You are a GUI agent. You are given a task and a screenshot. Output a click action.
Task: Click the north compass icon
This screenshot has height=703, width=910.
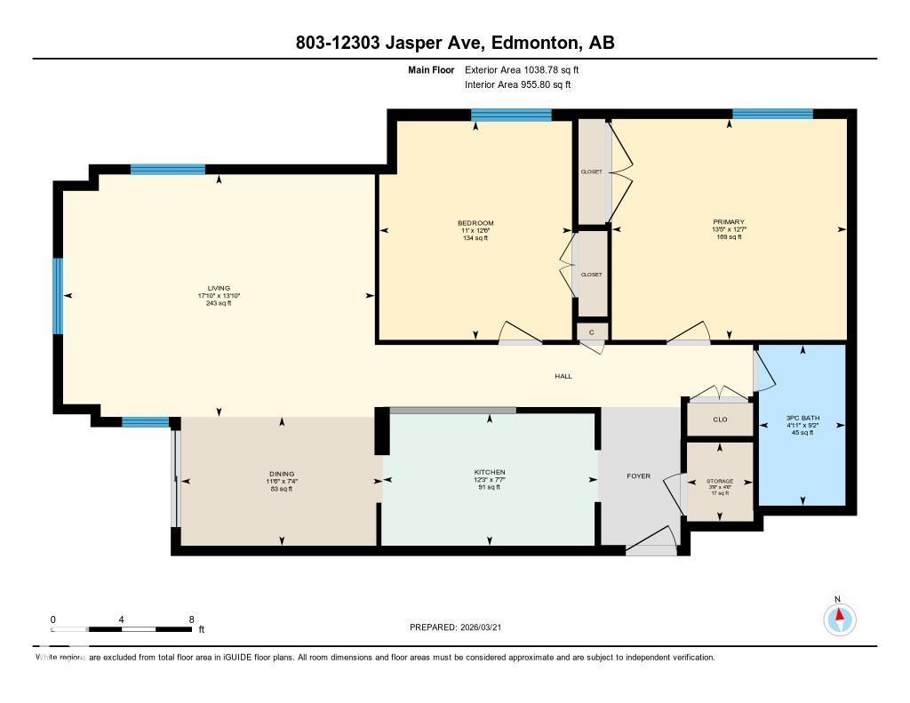point(839,618)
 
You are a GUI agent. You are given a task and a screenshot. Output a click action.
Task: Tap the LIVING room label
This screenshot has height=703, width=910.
point(219,288)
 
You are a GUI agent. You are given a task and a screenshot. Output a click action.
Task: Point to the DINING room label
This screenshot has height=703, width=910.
point(282,474)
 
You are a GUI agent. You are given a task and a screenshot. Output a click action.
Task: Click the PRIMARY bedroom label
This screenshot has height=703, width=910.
point(728,222)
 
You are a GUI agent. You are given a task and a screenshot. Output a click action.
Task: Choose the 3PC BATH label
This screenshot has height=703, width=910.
point(802,418)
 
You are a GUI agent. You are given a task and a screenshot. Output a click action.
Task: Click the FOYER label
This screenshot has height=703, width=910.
point(638,476)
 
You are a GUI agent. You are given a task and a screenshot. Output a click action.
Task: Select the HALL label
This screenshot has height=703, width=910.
point(563,376)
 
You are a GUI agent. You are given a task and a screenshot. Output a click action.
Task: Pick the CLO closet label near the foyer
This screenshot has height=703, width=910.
point(720,419)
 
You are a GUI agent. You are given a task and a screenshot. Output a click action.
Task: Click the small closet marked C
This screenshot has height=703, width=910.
point(592,332)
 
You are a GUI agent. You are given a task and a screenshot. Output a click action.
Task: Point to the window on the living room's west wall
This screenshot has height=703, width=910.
point(59,296)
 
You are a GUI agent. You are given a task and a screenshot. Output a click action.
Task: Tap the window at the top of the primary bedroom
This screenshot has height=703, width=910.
point(772,114)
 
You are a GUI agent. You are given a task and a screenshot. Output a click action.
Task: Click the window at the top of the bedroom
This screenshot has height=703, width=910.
point(511,114)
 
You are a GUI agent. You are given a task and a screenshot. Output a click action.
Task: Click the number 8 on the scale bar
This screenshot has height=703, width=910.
point(191,619)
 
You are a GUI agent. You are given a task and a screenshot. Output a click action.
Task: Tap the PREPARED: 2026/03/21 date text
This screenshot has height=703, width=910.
point(460,627)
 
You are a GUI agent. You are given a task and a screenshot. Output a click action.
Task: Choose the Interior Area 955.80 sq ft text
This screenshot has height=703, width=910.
point(518,85)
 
